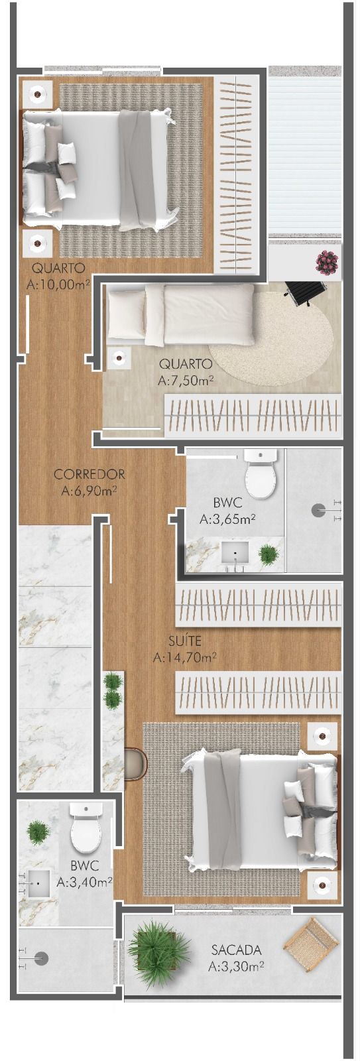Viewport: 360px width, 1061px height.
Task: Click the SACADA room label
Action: (x=236, y=950)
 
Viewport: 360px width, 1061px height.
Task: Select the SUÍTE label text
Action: (x=185, y=641)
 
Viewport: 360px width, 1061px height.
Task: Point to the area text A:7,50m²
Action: (x=186, y=381)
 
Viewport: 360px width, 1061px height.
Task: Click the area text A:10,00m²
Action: (x=58, y=285)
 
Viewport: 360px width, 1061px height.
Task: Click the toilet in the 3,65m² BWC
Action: (x=260, y=475)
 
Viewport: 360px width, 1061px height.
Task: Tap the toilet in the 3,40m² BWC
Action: (x=86, y=827)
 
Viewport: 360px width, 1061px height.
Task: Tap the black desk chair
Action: (x=306, y=292)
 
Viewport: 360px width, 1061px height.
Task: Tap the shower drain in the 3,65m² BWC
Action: (x=320, y=509)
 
